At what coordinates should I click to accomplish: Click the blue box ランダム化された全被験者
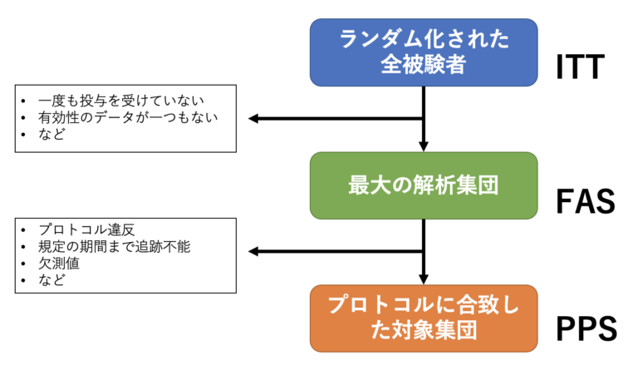tap(424, 52)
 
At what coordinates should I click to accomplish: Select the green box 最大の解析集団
tap(424, 185)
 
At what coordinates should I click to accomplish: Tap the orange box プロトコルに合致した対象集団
tap(424, 318)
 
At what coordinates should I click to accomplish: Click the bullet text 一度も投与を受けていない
tap(109, 101)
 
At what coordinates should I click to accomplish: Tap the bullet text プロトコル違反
tap(79, 229)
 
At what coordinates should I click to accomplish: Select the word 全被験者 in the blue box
tap(424, 65)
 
